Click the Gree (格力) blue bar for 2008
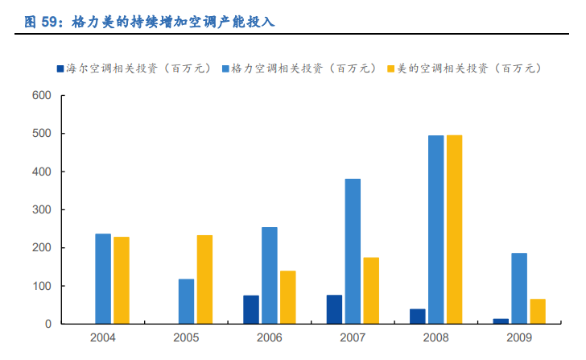pyautogui.click(x=435, y=230)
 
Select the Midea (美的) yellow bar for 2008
pyautogui.click(x=454, y=230)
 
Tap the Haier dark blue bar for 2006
pyautogui.click(x=251, y=309)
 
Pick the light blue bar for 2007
pyautogui.click(x=353, y=251)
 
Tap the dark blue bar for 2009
pyautogui.click(x=501, y=321)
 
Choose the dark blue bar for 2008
pyautogui.click(x=417, y=316)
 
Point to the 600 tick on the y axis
pyautogui.click(x=41, y=96)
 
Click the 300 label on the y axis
pyautogui.click(x=41, y=209)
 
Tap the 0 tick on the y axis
pyautogui.click(x=48, y=324)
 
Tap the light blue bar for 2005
pyautogui.click(x=186, y=301)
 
